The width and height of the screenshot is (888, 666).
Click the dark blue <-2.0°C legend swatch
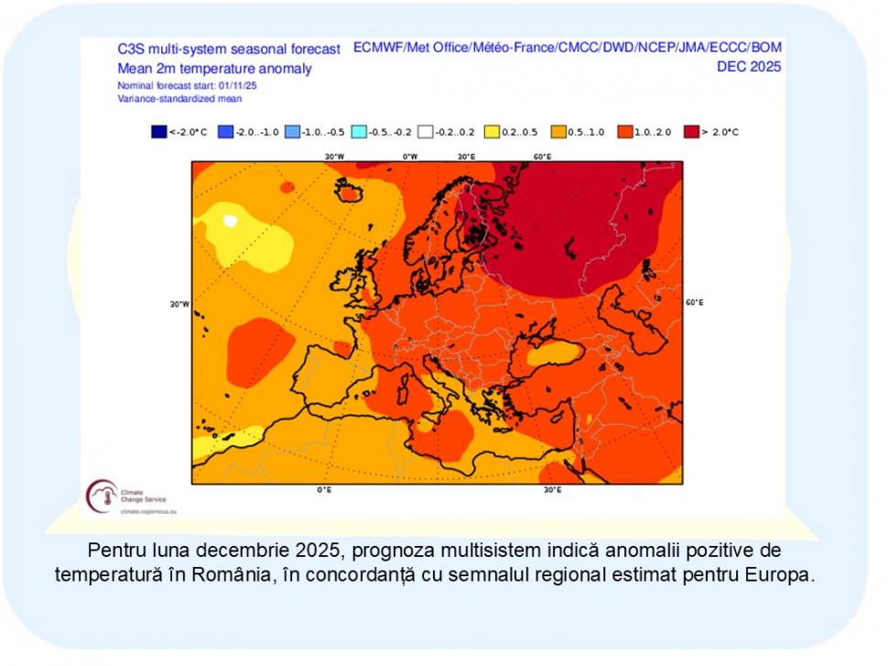[x=157, y=132]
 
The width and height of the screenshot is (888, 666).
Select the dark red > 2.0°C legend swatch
[x=690, y=132]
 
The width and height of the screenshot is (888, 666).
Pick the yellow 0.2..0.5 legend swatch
[x=492, y=132]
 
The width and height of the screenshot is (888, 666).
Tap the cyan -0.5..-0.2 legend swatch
[x=358, y=132]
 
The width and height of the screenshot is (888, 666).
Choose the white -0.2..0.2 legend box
[x=425, y=132]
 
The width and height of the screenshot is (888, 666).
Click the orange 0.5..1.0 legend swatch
[x=558, y=132]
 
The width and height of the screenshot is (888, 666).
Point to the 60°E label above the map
[x=542, y=156]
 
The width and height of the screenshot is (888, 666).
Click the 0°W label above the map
[x=410, y=156]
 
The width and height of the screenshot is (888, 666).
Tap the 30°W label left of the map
[x=179, y=304]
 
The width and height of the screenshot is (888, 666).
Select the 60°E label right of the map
[x=694, y=301]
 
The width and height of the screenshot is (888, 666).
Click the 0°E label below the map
[x=324, y=490]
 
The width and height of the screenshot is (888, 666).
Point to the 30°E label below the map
[x=552, y=490]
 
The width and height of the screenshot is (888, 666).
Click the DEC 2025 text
[x=749, y=66]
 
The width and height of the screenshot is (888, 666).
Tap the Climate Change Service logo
[x=102, y=496]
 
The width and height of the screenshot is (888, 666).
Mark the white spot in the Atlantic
[x=230, y=221]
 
